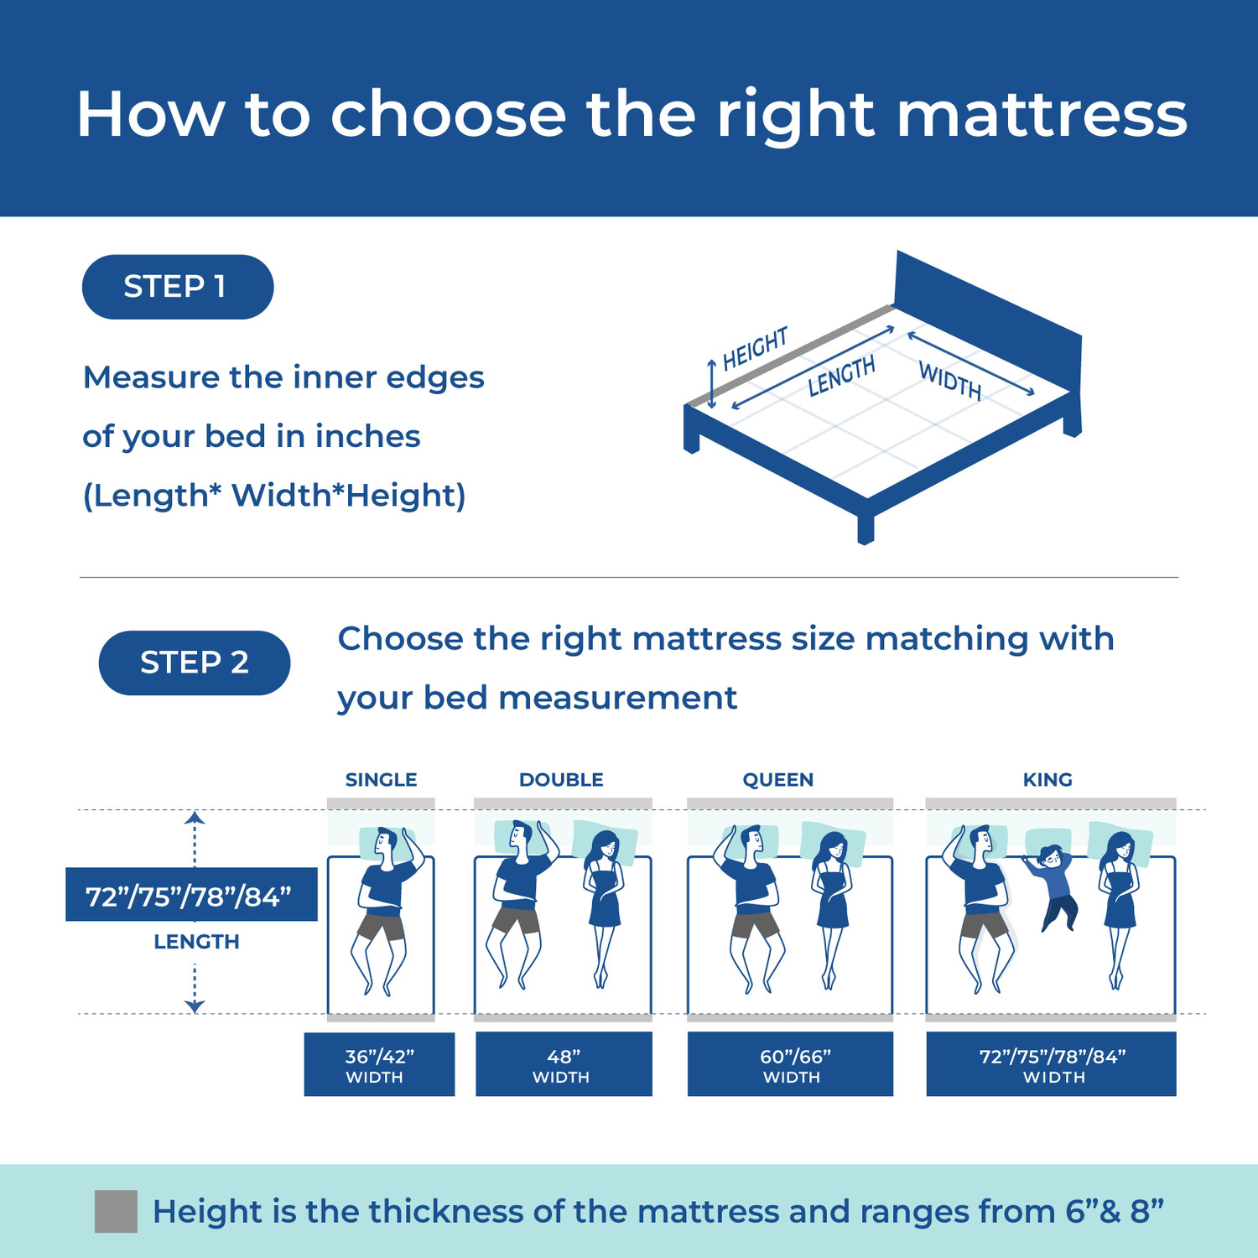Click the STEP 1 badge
coord(177,287)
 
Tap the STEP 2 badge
coord(194,663)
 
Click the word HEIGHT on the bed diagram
coord(755,348)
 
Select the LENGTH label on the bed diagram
coord(841,376)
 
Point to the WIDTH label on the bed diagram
coord(949,381)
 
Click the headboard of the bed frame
coord(987,319)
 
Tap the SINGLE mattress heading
coord(381,780)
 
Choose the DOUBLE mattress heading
coord(561,780)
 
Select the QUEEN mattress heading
coord(777,780)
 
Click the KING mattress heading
coord(1047,780)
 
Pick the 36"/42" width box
coord(379,1064)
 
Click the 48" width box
coord(564,1064)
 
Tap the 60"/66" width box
coord(790,1064)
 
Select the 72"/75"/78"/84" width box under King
coord(1051,1064)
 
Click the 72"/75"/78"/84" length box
coord(191,895)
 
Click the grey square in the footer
coord(116,1211)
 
